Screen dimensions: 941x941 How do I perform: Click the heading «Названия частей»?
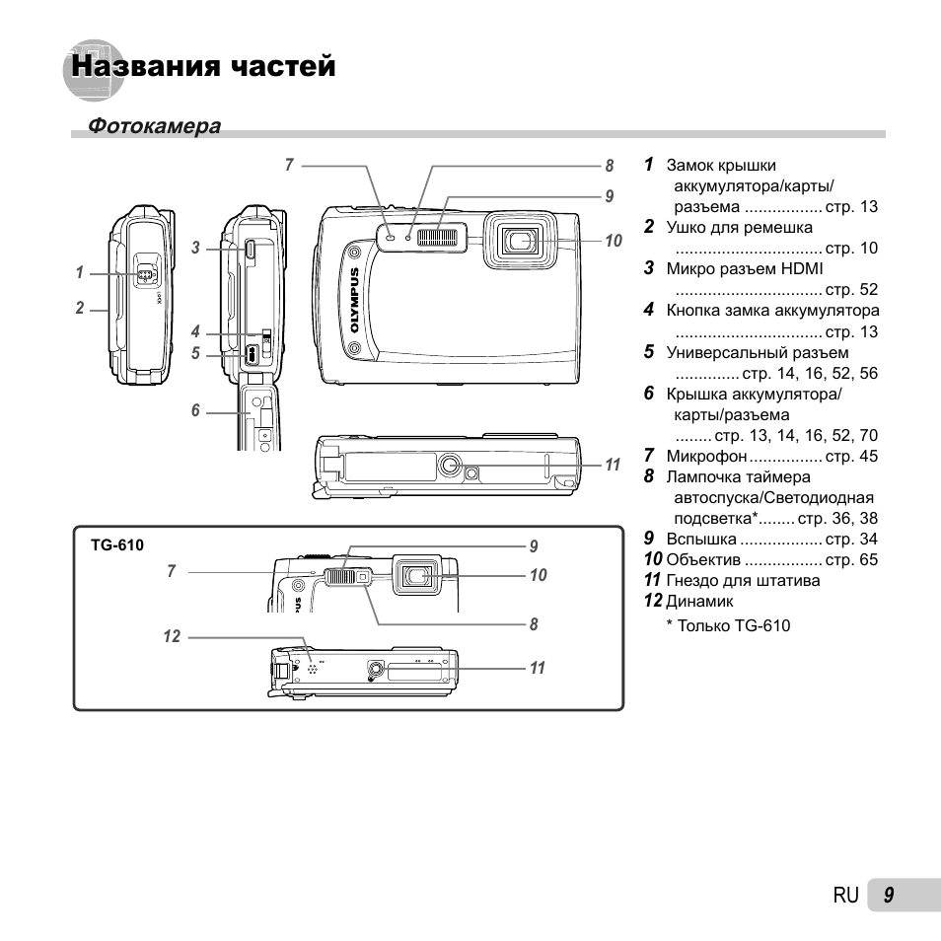(203, 67)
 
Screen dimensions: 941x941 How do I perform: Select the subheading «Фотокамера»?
(154, 126)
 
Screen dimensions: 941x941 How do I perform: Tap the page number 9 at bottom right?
(889, 895)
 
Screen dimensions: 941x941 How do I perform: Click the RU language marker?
(845, 895)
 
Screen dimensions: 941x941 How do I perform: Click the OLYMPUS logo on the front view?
(358, 307)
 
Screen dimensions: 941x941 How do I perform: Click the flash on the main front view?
(441, 236)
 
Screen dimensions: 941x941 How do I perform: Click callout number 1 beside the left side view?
(80, 273)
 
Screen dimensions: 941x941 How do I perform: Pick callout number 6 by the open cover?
(195, 410)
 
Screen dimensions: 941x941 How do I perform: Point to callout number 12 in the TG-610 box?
(173, 637)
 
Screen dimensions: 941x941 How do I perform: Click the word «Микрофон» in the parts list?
(706, 456)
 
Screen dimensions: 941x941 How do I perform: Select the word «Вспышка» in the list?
(701, 539)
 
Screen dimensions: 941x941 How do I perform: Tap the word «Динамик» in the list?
(700, 601)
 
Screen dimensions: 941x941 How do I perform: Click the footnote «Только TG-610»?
(734, 625)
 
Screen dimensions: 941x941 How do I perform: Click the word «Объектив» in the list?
(704, 559)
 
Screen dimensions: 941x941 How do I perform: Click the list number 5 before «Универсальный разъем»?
(649, 351)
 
